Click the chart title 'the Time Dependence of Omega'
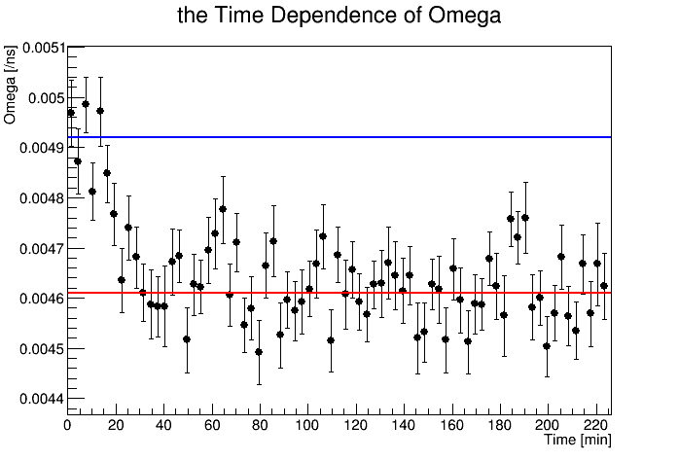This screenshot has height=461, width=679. click(339, 16)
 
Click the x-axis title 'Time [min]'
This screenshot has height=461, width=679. click(577, 441)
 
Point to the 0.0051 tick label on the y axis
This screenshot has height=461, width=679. click(32, 47)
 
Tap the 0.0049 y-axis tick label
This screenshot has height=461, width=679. click(32, 148)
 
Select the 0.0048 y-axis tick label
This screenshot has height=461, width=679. click(32, 198)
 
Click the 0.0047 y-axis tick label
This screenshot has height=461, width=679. click(32, 248)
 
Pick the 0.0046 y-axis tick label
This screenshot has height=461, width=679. click(32, 299)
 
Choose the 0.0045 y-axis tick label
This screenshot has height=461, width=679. click(32, 348)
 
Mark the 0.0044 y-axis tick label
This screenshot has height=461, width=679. click(32, 399)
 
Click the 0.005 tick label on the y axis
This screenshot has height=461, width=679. click(36, 97)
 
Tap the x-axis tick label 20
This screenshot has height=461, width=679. click(115, 425)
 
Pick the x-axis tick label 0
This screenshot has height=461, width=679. click(67, 425)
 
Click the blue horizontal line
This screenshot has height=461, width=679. click(389, 137)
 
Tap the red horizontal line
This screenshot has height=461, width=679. click(389, 293)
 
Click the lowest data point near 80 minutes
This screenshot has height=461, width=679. click(259, 352)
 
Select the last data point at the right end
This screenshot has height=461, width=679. click(604, 286)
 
